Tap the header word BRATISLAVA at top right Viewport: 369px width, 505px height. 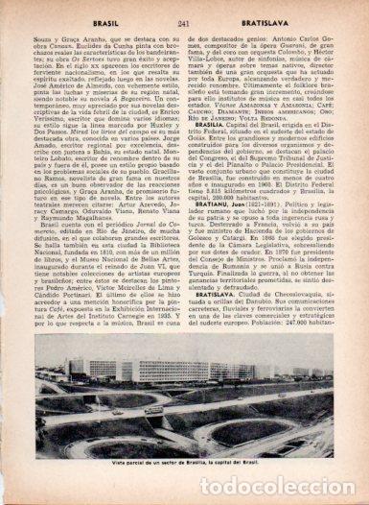pos(278,9)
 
